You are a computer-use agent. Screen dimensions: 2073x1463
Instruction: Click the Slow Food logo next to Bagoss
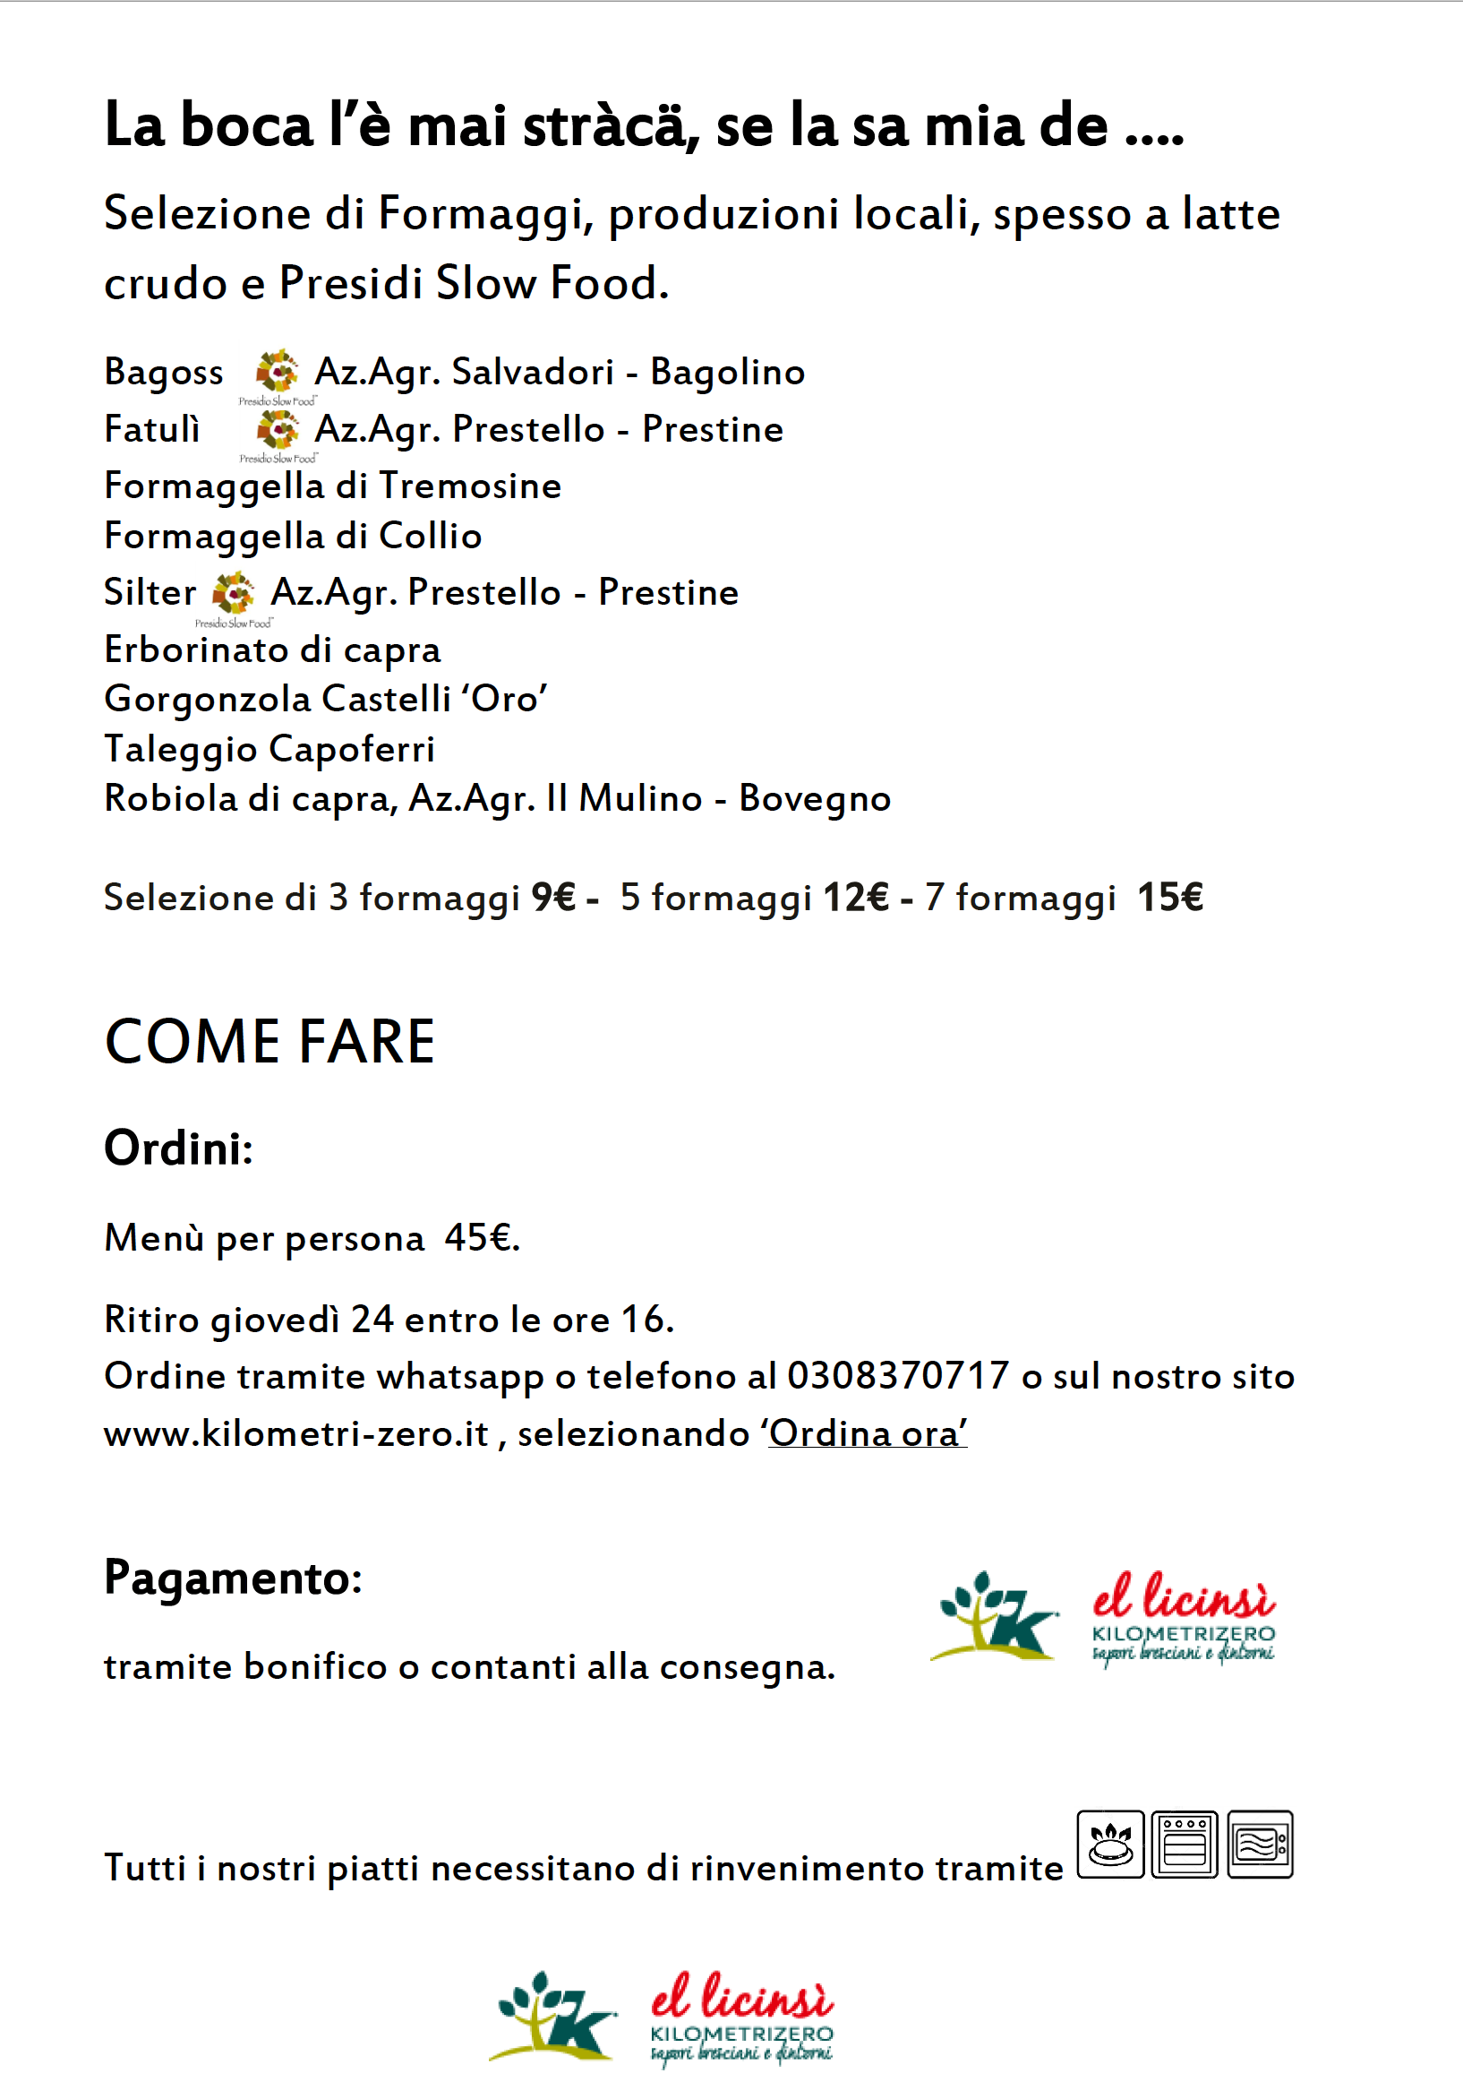pos(276,372)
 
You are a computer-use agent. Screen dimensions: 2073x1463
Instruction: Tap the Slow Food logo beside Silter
pos(233,593)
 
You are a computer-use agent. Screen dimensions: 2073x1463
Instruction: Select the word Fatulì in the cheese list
pos(151,429)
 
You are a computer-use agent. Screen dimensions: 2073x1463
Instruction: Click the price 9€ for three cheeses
pos(553,898)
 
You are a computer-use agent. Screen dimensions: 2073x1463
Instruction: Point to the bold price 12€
pos(856,898)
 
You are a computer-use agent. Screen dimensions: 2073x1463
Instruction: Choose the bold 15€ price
pos(1169,898)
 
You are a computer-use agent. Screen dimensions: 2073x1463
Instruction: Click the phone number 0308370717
pos(897,1376)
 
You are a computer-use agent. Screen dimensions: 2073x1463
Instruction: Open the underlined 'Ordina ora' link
pos(868,1433)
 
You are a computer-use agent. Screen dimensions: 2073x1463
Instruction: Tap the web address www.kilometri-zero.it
pos(296,1433)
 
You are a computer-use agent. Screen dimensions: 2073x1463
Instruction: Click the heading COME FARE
pos(269,1042)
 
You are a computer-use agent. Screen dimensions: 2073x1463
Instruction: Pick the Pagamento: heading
pos(233,1578)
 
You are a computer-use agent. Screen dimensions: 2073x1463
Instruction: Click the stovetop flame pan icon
pos(1110,1844)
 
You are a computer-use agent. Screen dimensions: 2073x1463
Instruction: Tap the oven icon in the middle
pos(1185,1844)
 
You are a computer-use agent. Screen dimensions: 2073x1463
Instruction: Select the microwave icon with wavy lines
pos(1260,1844)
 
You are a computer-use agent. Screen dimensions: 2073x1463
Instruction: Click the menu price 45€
pos(481,1238)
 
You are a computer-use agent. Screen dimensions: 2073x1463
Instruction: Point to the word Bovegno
pos(814,799)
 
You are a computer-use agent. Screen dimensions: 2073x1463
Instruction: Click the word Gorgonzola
pos(208,700)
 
